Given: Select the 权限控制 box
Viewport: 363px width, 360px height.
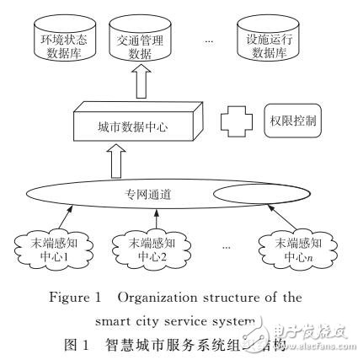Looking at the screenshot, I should (285, 120).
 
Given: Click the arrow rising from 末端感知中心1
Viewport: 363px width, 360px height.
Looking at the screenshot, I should (63, 216).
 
